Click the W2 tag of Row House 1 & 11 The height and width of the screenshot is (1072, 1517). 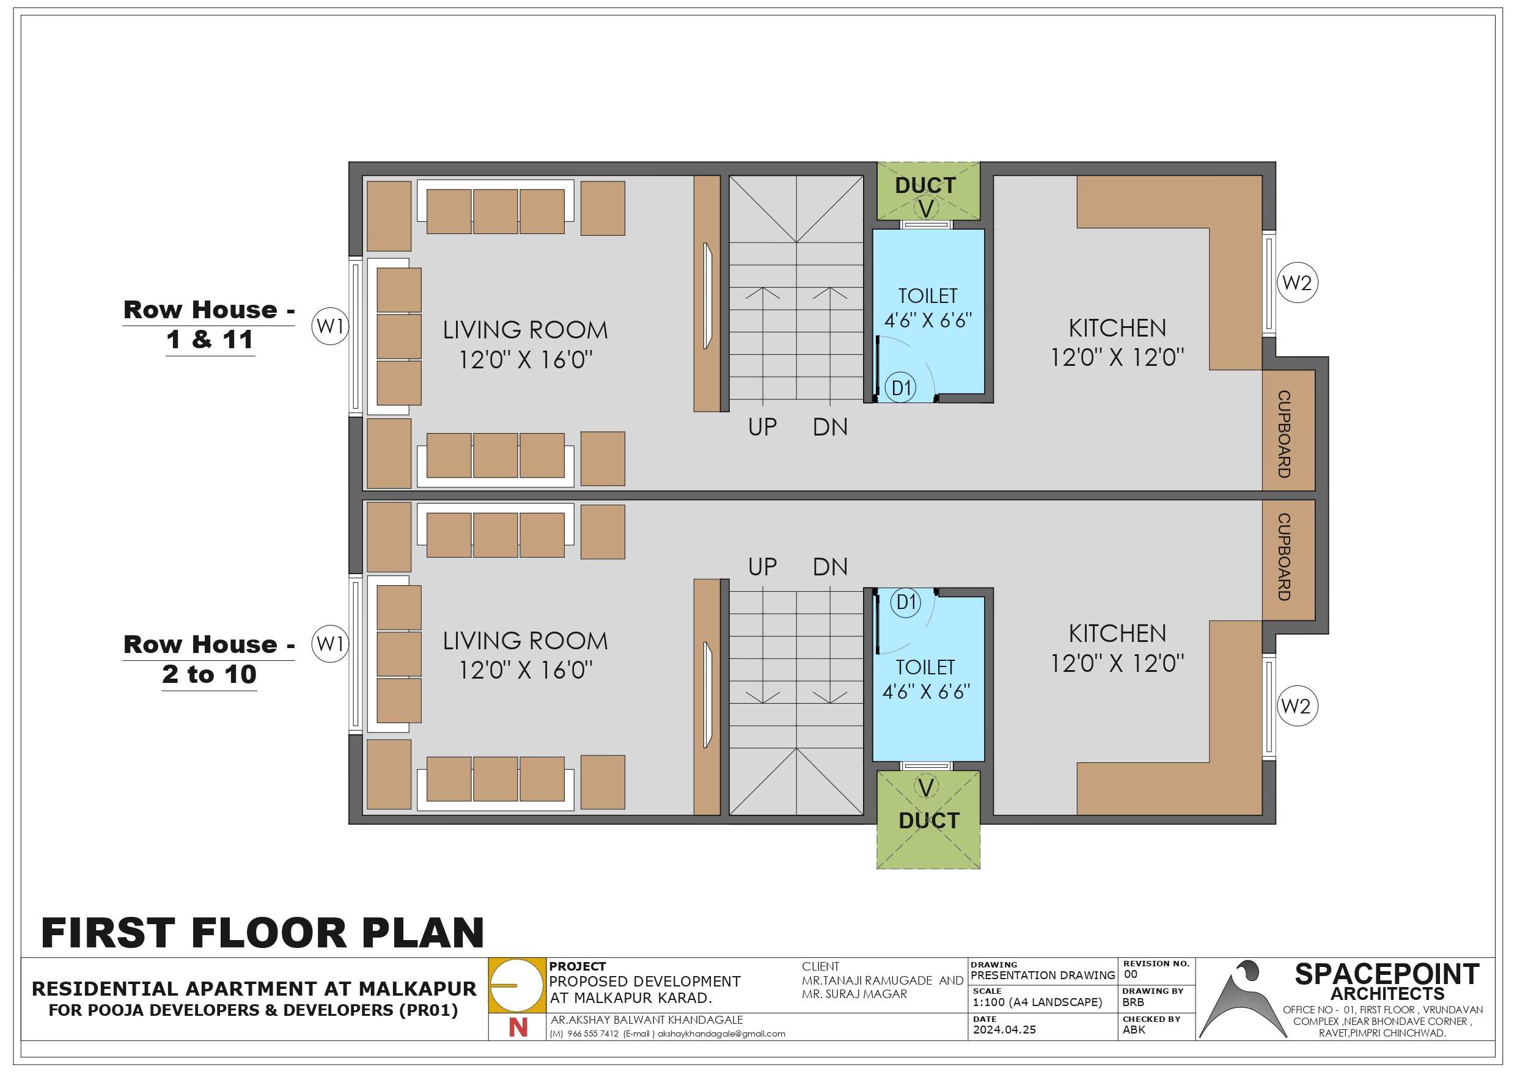click(x=1297, y=283)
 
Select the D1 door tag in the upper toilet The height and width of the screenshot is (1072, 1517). click(x=900, y=388)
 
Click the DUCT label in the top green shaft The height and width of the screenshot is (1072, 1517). click(x=925, y=186)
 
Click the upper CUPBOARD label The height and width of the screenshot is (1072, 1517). click(x=1284, y=434)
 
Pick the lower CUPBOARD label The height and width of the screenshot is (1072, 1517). click(x=1284, y=557)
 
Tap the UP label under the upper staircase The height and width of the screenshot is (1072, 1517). click(x=762, y=428)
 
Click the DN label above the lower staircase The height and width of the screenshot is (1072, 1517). click(x=830, y=567)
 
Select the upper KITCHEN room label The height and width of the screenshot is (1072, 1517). click(x=1117, y=327)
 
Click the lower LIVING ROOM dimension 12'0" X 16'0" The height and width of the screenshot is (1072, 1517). click(x=526, y=669)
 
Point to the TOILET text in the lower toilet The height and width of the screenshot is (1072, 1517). click(x=925, y=667)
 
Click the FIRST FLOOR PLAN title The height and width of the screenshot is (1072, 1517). click(x=262, y=933)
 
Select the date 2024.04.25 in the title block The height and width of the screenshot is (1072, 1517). click(x=1004, y=1030)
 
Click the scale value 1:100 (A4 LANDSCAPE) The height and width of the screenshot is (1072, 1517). click(x=1037, y=1002)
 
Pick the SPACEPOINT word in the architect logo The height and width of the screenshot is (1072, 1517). click(x=1387, y=974)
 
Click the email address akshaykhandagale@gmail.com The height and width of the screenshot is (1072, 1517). click(x=721, y=1034)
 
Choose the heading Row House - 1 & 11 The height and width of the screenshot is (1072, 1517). click(x=209, y=324)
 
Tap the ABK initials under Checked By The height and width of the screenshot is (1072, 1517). click(x=1134, y=1030)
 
